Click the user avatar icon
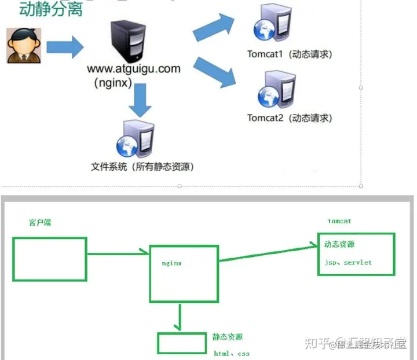20,45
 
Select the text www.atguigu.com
134,69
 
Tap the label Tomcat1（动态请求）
290,54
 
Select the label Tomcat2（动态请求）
290,118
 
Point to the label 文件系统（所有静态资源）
142,167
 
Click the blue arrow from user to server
65,45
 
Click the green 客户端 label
39,222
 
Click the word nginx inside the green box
172,263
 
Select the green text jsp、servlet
348,262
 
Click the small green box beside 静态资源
181,343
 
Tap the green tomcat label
339,221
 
